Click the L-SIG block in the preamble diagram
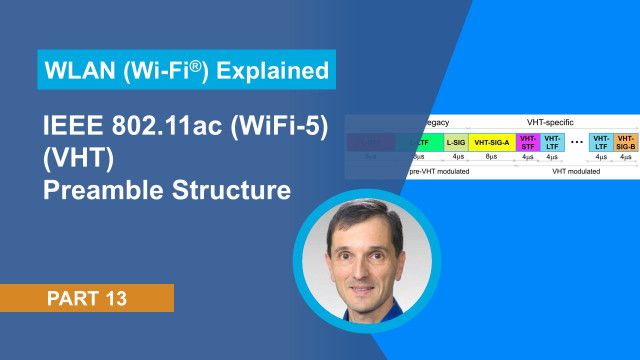tap(456, 143)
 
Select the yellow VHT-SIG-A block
tap(492, 143)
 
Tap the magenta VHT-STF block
tap(529, 142)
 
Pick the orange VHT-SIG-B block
tap(626, 142)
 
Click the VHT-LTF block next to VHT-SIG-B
tap(601, 142)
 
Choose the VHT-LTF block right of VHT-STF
tap(553, 142)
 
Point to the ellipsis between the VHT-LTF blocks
tap(577, 142)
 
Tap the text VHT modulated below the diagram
tap(576, 172)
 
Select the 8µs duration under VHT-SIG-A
tap(492, 157)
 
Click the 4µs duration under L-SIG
tap(456, 157)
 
